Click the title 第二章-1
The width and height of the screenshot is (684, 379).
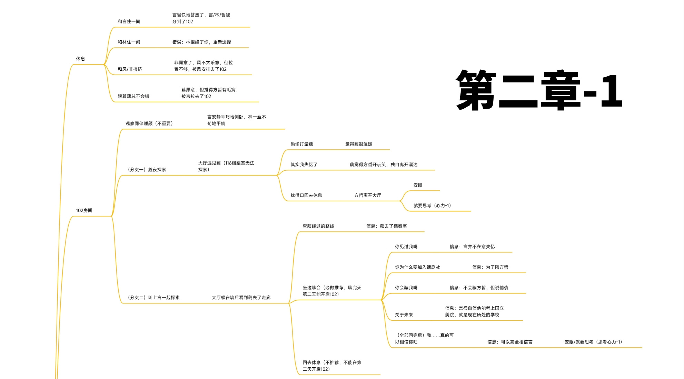click(x=539, y=90)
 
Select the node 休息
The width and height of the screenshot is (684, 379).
click(x=80, y=59)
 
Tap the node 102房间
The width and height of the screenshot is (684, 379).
click(x=84, y=210)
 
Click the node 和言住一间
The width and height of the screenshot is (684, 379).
click(x=129, y=21)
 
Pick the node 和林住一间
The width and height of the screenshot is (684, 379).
click(x=129, y=42)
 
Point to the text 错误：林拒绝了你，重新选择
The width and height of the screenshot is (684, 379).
click(x=202, y=42)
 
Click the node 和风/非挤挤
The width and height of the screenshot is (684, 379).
click(x=130, y=69)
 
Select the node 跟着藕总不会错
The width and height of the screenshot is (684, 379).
click(x=133, y=97)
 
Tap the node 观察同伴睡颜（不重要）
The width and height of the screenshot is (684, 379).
click(x=149, y=123)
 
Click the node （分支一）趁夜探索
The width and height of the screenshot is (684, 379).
click(x=147, y=170)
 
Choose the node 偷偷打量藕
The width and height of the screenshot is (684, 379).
click(x=302, y=144)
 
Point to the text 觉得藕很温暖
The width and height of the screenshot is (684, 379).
click(x=359, y=144)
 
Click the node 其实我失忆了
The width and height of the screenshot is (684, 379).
click(x=304, y=164)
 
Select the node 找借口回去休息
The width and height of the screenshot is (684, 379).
click(x=306, y=196)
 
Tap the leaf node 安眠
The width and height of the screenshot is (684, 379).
click(x=418, y=185)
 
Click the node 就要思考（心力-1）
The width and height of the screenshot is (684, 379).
click(x=432, y=206)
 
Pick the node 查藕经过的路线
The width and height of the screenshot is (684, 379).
click(x=318, y=226)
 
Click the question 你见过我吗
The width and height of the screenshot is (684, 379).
click(x=406, y=247)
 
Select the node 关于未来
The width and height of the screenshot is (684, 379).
click(x=404, y=315)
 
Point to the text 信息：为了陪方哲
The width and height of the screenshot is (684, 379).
click(x=490, y=267)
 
